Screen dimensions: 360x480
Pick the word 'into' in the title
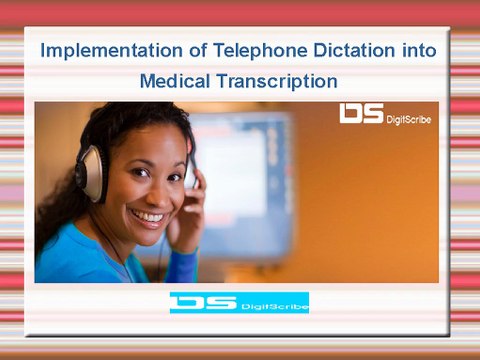pyautogui.click(x=418, y=50)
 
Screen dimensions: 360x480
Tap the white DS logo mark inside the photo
pyautogui.click(x=360, y=114)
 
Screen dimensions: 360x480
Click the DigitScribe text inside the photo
pyautogui.click(x=410, y=119)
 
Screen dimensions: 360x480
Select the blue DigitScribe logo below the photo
pyautogui.click(x=239, y=302)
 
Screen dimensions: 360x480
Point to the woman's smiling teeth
pyautogui.click(x=147, y=216)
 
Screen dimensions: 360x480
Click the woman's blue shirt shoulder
pyautogui.click(x=70, y=260)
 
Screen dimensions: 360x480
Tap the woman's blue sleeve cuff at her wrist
pyautogui.click(x=182, y=262)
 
